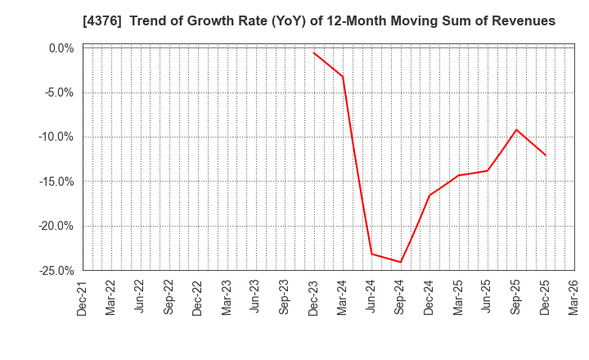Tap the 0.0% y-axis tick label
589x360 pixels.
[x=61, y=48]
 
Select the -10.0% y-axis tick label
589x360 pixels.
[x=56, y=137]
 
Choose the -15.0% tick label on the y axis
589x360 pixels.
[x=56, y=182]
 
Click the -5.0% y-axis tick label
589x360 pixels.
[x=59, y=92]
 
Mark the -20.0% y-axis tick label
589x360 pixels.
[x=56, y=226]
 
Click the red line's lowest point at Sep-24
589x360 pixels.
[x=401, y=262]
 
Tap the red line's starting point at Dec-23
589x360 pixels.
[x=314, y=52]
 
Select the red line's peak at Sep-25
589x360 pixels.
[x=516, y=129]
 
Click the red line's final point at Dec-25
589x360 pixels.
[x=546, y=155]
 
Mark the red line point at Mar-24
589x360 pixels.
[x=343, y=77]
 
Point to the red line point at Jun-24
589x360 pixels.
[x=372, y=254]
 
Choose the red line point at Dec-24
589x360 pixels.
[x=429, y=195]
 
